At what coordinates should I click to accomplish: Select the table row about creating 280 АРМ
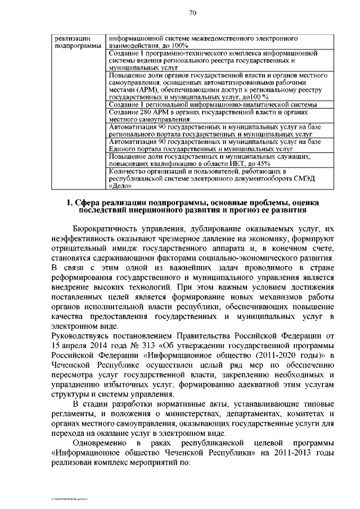(219, 115)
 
